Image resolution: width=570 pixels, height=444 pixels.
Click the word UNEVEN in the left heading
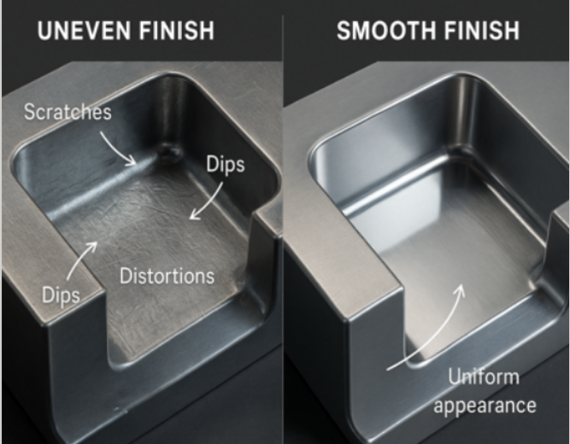85,31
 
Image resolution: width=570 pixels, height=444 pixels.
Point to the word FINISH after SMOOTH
482,31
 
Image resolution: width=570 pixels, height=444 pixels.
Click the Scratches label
68,112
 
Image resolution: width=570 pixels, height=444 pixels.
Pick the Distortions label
167,276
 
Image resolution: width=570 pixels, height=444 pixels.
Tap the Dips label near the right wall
226,165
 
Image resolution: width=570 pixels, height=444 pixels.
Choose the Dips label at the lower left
61,295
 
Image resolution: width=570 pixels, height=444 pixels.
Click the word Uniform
484,377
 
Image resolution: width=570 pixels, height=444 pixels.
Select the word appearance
485,405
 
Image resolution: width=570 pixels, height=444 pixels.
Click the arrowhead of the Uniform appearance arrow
461,290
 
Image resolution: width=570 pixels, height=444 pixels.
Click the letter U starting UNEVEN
45,31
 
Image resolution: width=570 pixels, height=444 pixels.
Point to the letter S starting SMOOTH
344,31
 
